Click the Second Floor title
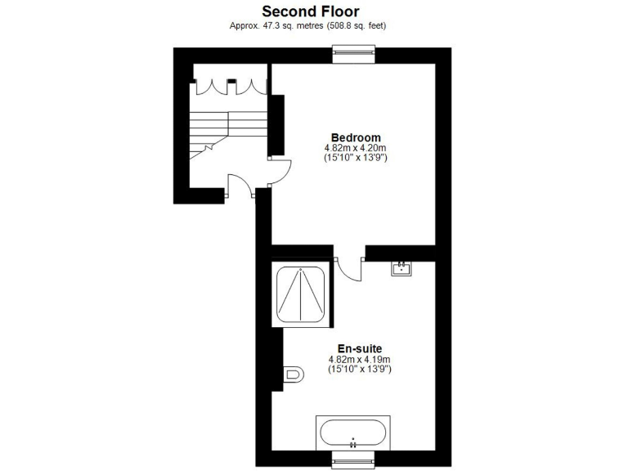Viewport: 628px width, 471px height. (310, 11)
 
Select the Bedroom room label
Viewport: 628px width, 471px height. (356, 137)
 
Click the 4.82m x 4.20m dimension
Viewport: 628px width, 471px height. (356, 147)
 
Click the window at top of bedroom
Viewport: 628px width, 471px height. (354, 55)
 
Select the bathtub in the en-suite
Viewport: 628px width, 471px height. (354, 431)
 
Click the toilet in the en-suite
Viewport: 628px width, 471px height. (293, 375)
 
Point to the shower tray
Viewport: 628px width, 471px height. (302, 295)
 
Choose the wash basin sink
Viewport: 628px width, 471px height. (401, 268)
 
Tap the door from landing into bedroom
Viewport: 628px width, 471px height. (280, 169)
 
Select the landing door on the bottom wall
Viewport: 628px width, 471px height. (240, 186)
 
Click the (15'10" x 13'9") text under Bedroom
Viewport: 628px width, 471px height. (356, 157)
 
